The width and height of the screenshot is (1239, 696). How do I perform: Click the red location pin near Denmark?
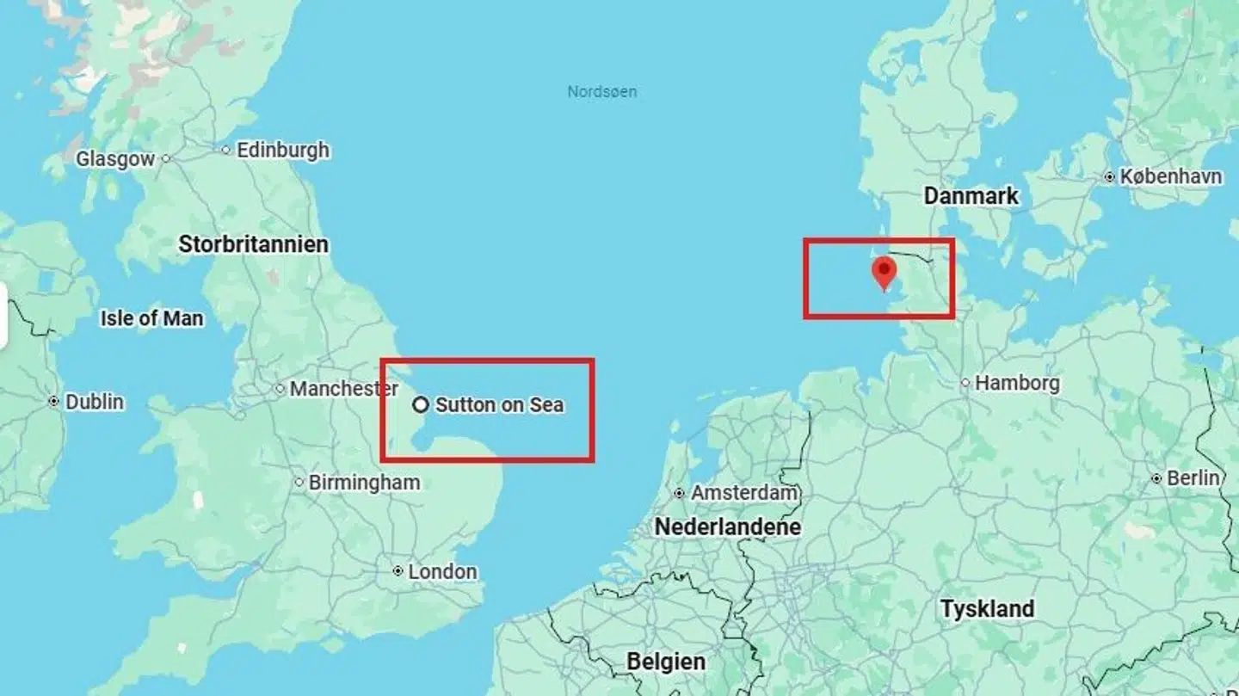[884, 272]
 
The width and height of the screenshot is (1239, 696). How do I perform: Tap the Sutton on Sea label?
[499, 404]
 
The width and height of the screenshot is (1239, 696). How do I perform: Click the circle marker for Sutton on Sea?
[420, 404]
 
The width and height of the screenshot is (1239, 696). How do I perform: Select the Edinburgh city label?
[282, 150]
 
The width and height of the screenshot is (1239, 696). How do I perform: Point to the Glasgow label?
[115, 159]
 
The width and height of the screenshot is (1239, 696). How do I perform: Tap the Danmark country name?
[971, 196]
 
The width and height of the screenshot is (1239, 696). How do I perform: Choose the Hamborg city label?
[1016, 383]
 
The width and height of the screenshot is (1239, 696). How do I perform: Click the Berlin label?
[1193, 477]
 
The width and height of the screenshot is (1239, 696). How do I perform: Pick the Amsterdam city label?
[744, 493]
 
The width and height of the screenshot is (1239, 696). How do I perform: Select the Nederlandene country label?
[728, 527]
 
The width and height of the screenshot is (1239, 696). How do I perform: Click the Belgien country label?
[666, 662]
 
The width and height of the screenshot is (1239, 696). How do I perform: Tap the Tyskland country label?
[987, 609]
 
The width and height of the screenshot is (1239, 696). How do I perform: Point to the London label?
[442, 571]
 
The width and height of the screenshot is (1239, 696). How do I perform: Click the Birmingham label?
[364, 483]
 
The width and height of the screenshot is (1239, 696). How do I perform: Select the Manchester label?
[343, 389]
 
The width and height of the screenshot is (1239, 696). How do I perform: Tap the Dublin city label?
[94, 402]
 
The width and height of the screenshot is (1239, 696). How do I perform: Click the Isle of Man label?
[151, 318]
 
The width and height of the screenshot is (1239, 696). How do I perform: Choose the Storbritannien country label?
[253, 244]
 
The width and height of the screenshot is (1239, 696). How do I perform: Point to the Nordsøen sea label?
[602, 91]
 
